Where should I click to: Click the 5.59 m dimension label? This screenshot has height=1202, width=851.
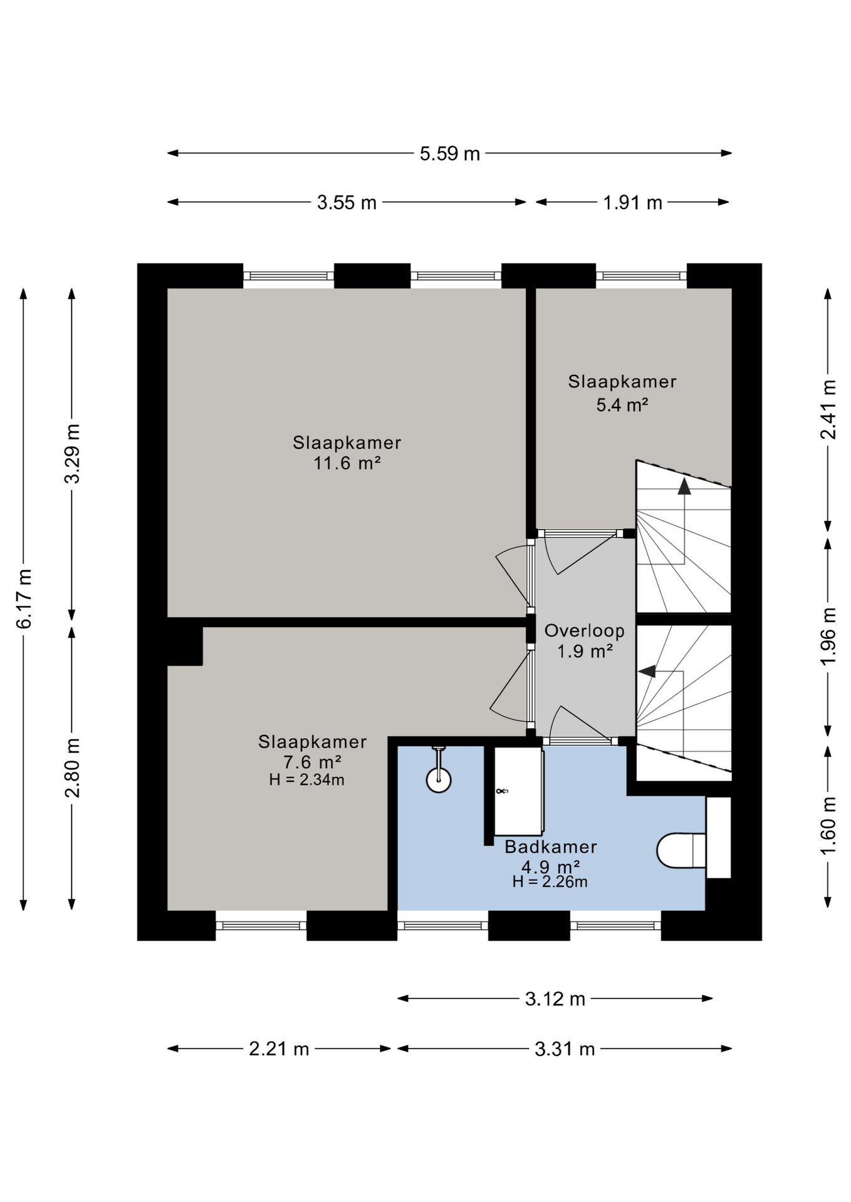click(449, 153)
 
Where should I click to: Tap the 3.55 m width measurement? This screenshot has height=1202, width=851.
click(347, 202)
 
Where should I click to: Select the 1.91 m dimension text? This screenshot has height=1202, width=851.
click(632, 202)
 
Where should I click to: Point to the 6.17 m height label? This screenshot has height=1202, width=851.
click(24, 598)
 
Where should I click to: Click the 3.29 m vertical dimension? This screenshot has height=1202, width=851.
click(73, 453)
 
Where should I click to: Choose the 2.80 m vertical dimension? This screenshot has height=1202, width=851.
click(73, 768)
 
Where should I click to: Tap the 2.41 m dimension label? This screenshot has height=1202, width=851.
click(828, 409)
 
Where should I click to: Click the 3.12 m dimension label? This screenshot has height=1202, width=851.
click(555, 999)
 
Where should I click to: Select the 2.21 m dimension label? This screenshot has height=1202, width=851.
click(279, 1049)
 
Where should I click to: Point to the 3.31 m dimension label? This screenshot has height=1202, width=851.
click(565, 1049)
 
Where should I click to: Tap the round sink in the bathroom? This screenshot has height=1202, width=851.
click(439, 780)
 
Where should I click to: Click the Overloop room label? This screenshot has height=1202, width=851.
click(584, 630)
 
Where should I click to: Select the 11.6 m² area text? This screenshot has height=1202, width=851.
click(347, 464)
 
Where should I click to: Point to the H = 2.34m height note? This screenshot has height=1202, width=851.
click(306, 780)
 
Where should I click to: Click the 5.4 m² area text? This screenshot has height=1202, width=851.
click(622, 405)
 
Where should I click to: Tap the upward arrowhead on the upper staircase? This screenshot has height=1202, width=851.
click(684, 486)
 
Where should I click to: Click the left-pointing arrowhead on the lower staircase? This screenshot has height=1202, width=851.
click(647, 671)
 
